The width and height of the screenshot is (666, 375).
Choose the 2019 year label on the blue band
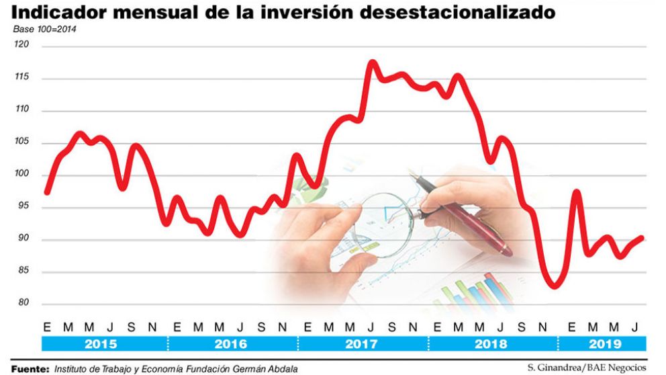coord(603,344)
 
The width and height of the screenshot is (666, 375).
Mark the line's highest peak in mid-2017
coord(373,62)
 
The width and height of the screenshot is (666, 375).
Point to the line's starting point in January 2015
coord(46,193)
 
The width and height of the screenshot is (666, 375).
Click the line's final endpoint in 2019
coord(642,237)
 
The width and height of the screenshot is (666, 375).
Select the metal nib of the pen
coord(423,181)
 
